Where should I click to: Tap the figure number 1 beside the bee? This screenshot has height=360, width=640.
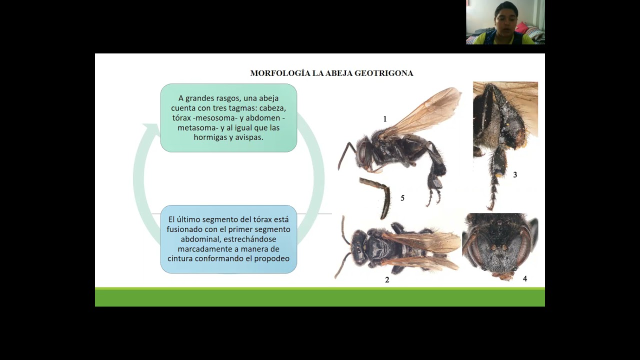[x=385, y=119]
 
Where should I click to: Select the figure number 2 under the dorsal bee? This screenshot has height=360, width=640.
[x=387, y=280]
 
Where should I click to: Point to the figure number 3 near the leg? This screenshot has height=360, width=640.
[x=515, y=175]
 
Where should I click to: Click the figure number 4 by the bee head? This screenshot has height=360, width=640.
[x=525, y=278]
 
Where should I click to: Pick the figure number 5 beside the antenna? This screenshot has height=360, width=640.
[x=402, y=198]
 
